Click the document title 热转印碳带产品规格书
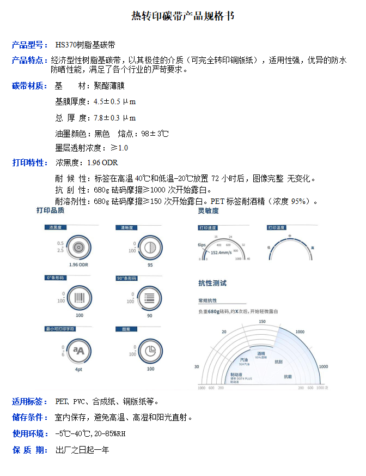click(x=183, y=16)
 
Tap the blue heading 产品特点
click(x=29, y=60)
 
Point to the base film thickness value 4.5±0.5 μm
click(x=115, y=101)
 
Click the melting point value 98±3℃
click(x=155, y=134)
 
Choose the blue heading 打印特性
click(x=29, y=162)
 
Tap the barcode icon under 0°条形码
click(x=79, y=298)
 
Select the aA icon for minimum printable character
click(x=79, y=350)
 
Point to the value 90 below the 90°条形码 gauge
click(x=150, y=316)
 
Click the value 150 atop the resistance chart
click(x=262, y=322)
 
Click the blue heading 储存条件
click(x=29, y=418)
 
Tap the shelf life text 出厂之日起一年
click(x=82, y=450)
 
